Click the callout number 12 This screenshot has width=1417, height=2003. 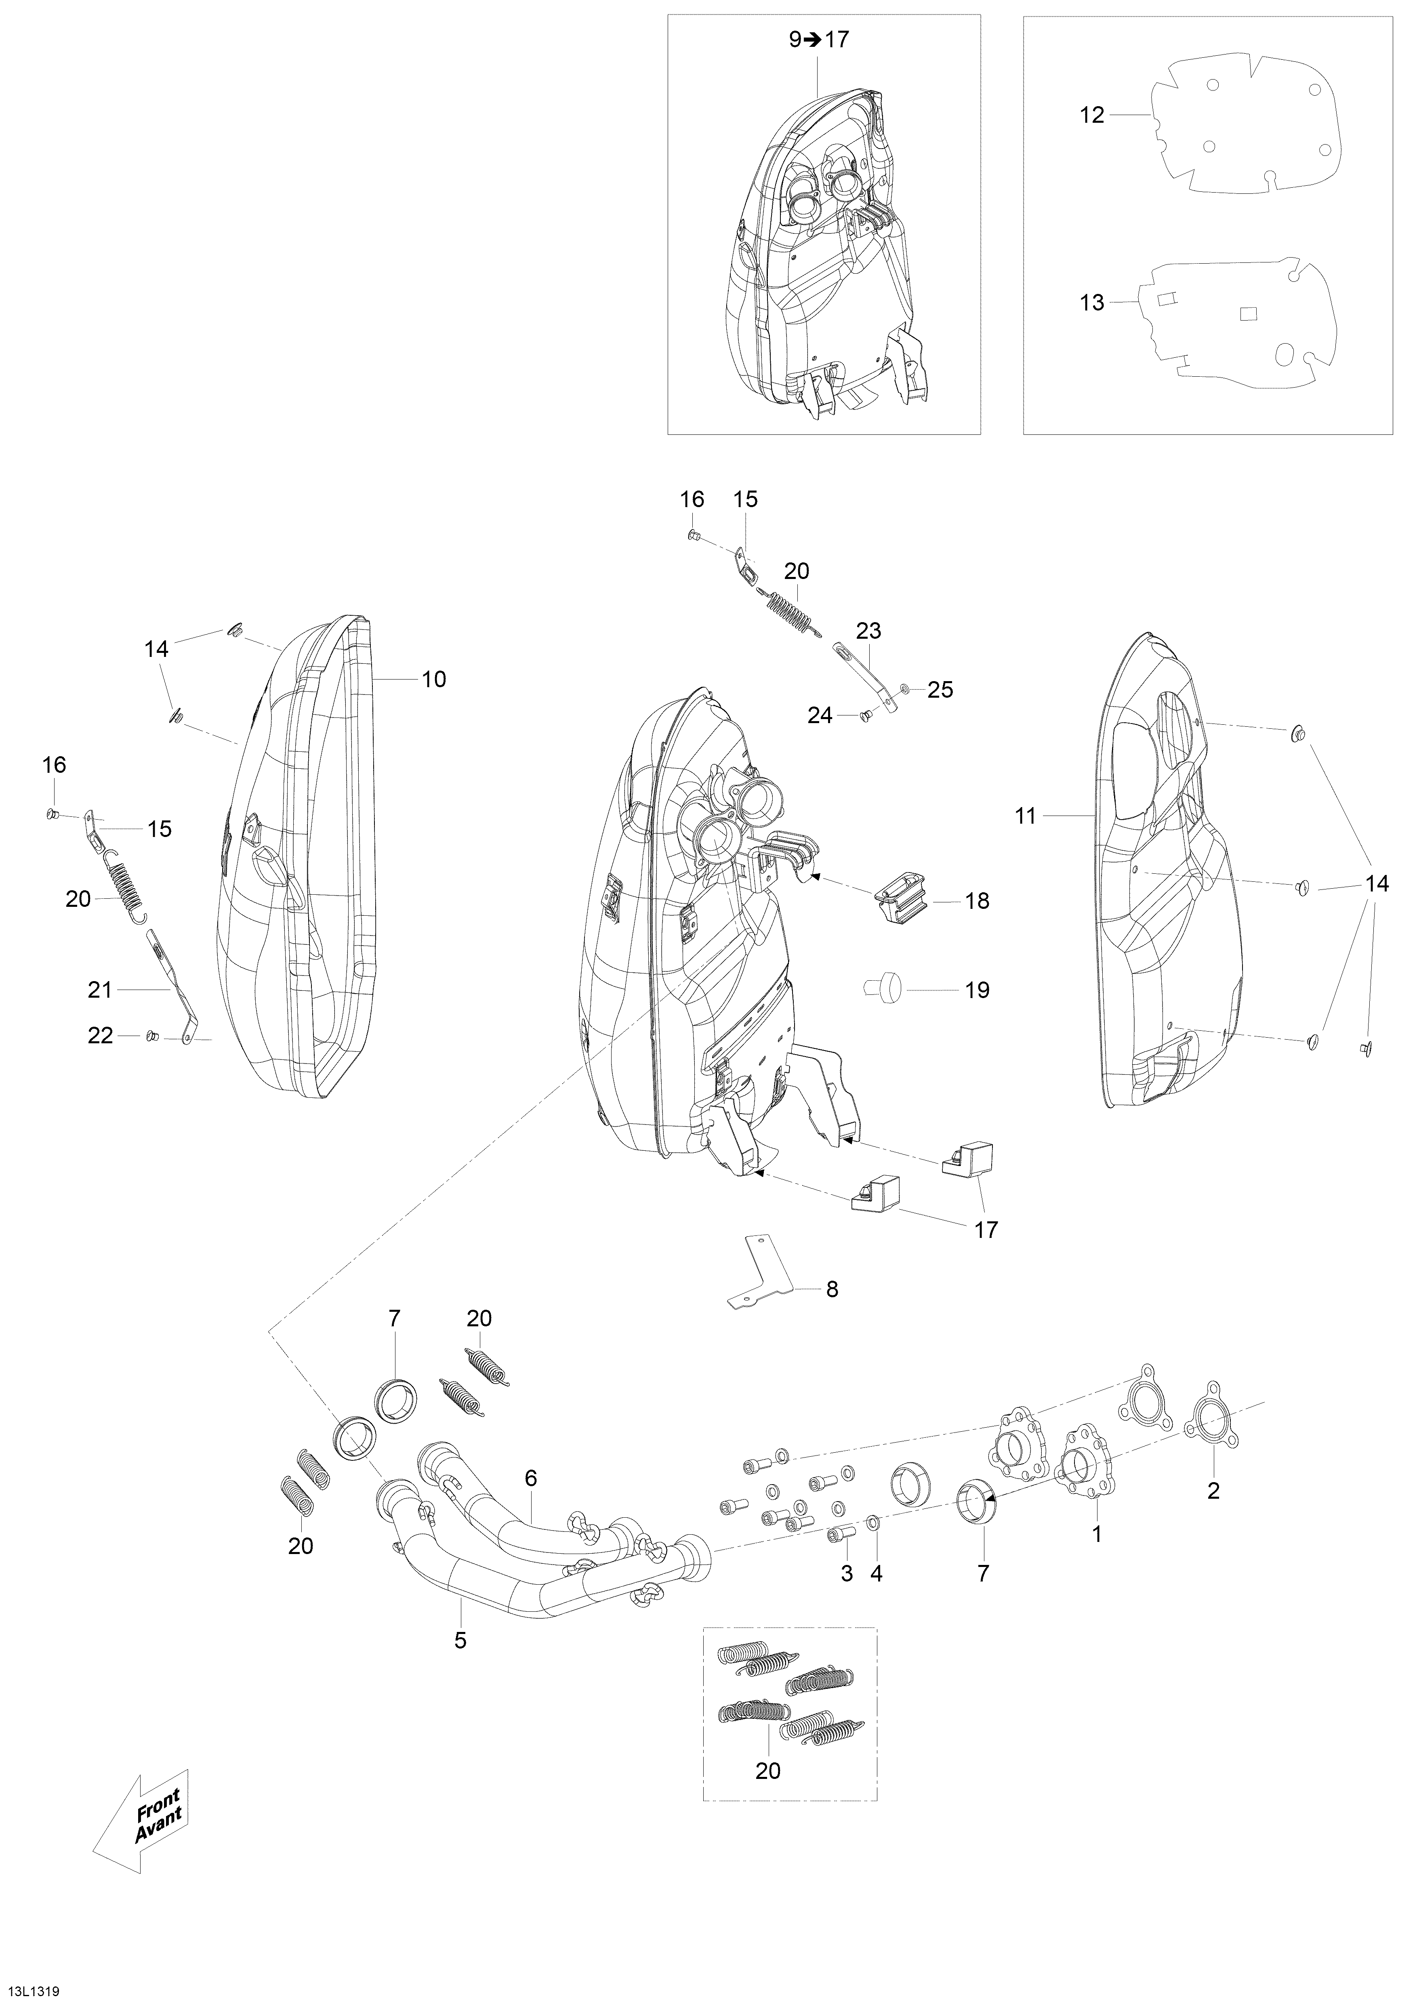tap(1091, 115)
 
